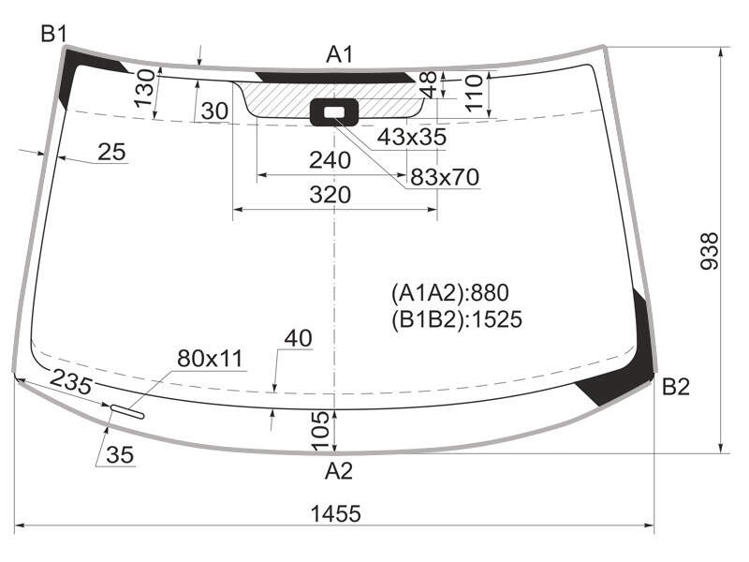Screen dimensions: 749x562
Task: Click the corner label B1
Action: pyautogui.click(x=53, y=34)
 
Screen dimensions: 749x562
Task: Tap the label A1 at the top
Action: pyautogui.click(x=339, y=54)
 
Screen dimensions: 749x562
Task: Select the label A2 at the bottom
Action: pyautogui.click(x=339, y=471)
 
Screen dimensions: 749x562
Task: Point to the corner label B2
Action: pyautogui.click(x=676, y=387)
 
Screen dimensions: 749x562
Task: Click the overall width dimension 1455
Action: pyautogui.click(x=336, y=513)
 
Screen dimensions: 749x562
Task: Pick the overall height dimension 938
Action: pyautogui.click(x=710, y=251)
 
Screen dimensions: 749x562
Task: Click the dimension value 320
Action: pyautogui.click(x=330, y=195)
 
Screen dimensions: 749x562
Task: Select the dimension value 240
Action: pyautogui.click(x=330, y=160)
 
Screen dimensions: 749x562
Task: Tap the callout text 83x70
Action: pyautogui.click(x=445, y=177)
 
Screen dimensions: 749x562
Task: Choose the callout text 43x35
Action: pyautogui.click(x=412, y=137)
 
